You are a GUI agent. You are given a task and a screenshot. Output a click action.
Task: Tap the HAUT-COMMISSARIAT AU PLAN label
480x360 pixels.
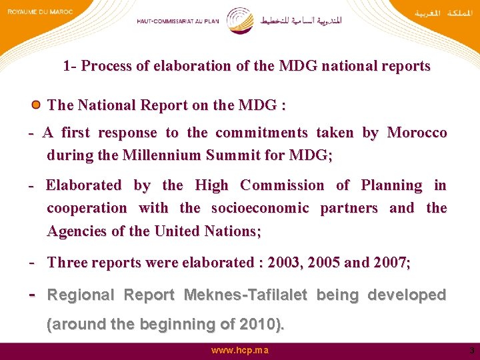pos(178,21)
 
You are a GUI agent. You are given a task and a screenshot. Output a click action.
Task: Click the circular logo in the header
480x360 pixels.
pos(239,21)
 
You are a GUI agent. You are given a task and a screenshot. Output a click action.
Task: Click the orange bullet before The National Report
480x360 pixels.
pos(36,105)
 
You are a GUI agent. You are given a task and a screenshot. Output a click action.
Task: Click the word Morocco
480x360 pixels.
pos(417,133)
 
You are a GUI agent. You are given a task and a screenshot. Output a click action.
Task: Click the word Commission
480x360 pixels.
pos(282,185)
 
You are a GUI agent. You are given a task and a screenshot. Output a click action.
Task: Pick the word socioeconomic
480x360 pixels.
pos(260,208)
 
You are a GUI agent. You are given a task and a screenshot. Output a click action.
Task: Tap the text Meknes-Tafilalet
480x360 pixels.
pos(245,295)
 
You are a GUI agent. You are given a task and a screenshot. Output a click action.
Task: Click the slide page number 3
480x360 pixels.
pos(471,351)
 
